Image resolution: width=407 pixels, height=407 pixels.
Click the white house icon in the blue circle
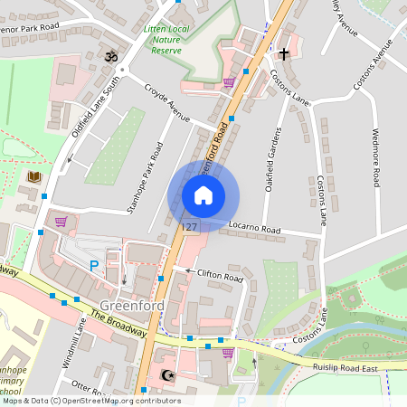(203, 194)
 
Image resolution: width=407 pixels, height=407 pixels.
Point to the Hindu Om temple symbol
(112, 56)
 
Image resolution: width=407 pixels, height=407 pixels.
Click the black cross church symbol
(283, 54)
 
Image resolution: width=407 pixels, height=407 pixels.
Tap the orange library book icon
(34, 175)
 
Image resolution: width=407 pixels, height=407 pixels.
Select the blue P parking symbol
(93, 266)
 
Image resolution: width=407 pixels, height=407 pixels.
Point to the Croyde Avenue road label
(167, 103)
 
